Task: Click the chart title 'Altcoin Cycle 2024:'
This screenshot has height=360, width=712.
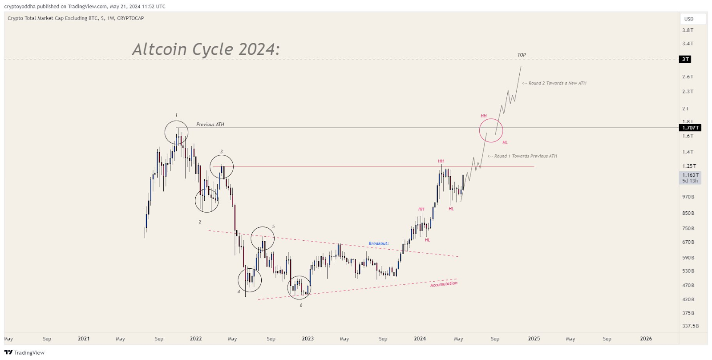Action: [x=206, y=49]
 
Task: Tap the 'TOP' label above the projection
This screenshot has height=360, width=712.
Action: [x=522, y=55]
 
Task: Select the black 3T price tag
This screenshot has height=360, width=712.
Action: [x=685, y=59]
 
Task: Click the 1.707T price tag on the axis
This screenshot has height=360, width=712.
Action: [x=691, y=128]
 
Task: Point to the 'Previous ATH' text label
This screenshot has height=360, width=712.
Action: [x=210, y=125]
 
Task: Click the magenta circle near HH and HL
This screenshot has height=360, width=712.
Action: [x=491, y=130]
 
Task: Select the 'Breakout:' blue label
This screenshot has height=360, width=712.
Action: [x=378, y=243]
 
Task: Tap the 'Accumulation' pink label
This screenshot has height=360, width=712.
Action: [x=444, y=284]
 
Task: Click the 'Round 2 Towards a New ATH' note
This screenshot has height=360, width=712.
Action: [x=554, y=83]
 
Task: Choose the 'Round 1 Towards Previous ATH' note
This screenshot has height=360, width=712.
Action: [x=522, y=156]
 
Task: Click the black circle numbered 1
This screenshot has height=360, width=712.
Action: [x=176, y=132]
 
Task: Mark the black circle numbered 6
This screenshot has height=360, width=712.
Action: [x=299, y=287]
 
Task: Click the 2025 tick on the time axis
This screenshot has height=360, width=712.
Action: [x=534, y=339]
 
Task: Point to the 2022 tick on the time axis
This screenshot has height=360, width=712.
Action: [x=196, y=339]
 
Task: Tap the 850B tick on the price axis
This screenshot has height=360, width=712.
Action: [x=688, y=213]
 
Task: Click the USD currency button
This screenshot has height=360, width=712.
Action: [x=689, y=19]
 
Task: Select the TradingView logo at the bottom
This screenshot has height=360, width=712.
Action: [x=24, y=352]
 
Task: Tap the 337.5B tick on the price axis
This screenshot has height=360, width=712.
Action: [x=690, y=326]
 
